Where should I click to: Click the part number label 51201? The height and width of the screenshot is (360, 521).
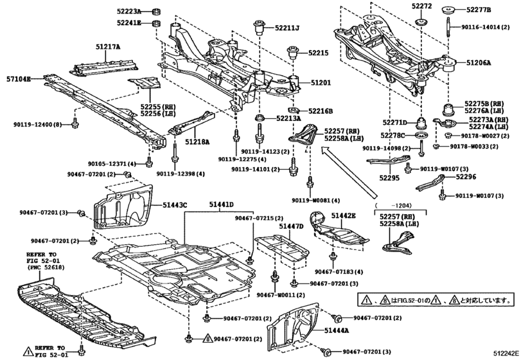pyautogui.click(x=321, y=82)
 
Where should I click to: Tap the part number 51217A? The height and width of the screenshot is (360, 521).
pyautogui.click(x=108, y=47)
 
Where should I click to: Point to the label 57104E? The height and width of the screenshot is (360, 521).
pyautogui.click(x=18, y=79)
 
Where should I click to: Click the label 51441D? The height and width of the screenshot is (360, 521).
pyautogui.click(x=221, y=204)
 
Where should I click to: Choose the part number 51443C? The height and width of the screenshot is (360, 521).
pyautogui.click(x=175, y=206)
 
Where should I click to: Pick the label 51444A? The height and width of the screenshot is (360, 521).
pyautogui.click(x=337, y=330)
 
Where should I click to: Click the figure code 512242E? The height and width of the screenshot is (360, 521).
pyautogui.click(x=506, y=354)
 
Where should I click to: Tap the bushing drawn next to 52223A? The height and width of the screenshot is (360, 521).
pyautogui.click(x=155, y=12)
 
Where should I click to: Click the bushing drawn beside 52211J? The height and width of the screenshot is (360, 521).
pyautogui.click(x=259, y=28)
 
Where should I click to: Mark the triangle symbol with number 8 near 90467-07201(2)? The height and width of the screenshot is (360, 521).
pyautogui.click(x=208, y=339)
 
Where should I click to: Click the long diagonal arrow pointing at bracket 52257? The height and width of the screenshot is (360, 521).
pyautogui.click(x=349, y=172)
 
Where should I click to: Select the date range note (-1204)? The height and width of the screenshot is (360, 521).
pyautogui.click(x=393, y=205)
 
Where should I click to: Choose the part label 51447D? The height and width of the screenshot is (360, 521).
pyautogui.click(x=291, y=226)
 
